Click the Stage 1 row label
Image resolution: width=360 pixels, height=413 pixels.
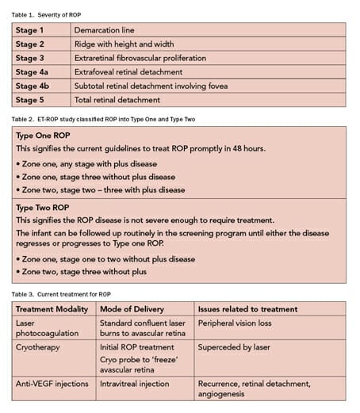click(x=31, y=30)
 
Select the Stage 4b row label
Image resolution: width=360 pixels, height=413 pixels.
click(x=33, y=86)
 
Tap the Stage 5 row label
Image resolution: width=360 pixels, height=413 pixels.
click(x=31, y=100)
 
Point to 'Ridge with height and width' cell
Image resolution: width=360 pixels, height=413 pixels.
click(x=126, y=44)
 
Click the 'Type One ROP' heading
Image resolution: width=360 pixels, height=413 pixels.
click(x=46, y=136)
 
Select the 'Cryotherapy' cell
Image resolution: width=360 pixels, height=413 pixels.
click(x=40, y=346)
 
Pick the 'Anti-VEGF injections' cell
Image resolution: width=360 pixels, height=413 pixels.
click(x=56, y=383)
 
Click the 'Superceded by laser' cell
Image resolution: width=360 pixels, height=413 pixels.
click(x=236, y=346)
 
